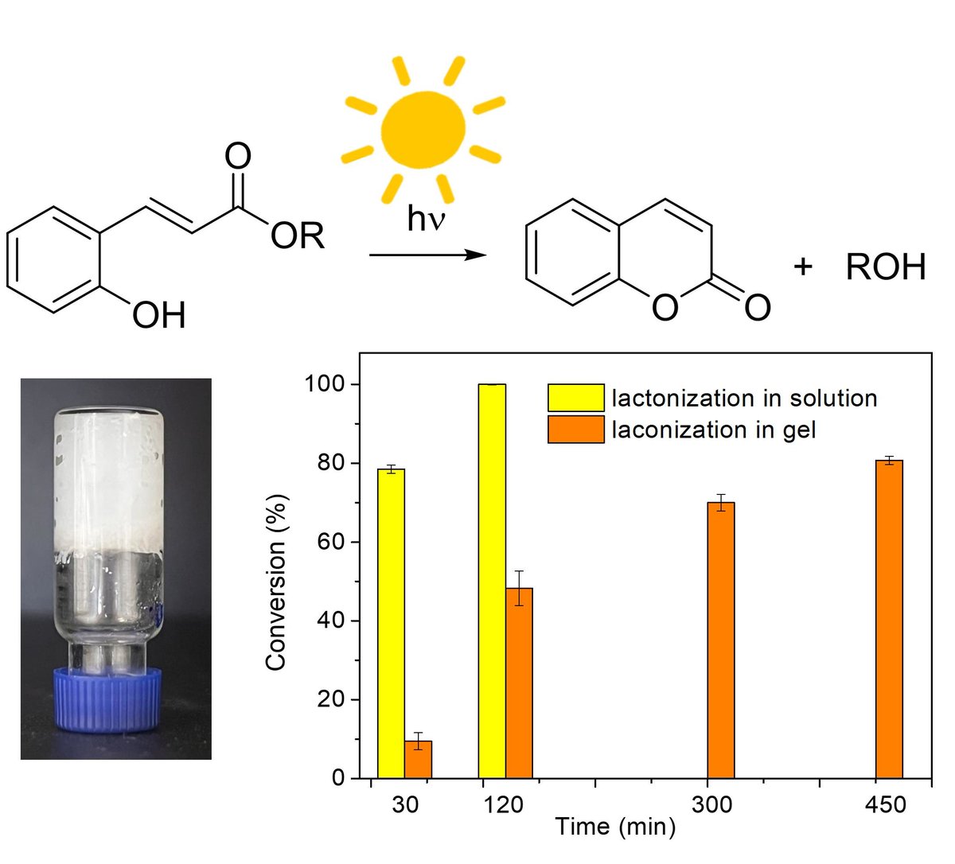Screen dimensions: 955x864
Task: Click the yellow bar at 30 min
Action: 391,624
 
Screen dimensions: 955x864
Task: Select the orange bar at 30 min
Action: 418,760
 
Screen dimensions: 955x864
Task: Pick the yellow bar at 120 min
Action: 493,582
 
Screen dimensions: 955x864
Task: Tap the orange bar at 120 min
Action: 520,683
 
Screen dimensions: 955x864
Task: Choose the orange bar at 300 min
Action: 721,640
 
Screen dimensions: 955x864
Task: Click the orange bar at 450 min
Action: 889,619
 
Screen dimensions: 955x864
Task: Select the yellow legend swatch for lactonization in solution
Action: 576,398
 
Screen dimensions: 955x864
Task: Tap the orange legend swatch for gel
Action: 576,430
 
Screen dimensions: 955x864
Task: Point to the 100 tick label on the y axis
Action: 325,383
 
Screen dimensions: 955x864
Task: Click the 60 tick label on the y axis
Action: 331,542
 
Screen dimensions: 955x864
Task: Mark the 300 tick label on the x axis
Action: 712,805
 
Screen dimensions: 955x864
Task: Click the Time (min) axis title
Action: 615,827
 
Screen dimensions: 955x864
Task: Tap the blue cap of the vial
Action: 107,699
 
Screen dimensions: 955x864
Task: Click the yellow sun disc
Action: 423,129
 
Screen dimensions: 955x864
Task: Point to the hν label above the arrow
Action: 426,219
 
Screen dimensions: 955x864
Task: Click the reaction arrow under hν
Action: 428,255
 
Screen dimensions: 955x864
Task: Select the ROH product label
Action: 886,267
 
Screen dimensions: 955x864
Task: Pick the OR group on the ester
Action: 298,235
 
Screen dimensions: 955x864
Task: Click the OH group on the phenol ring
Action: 159,315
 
